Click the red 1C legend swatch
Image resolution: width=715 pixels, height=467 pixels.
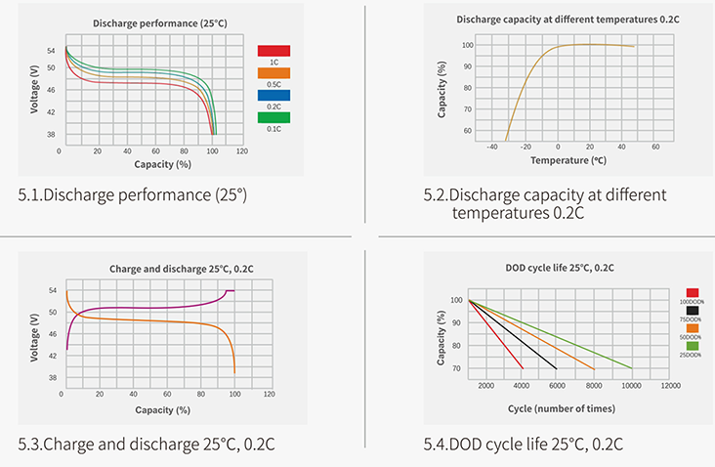(x=273, y=50)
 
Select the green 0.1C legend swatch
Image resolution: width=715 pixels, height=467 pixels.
(x=273, y=117)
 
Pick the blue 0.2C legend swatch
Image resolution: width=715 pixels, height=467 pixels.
(x=273, y=95)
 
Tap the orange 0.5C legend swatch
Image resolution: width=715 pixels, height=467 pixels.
(x=273, y=72)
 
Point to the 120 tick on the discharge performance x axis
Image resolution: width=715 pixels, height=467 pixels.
(x=241, y=151)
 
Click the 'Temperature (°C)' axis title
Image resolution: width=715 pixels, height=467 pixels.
(x=568, y=159)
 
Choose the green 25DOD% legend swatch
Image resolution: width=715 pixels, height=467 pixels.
(x=693, y=346)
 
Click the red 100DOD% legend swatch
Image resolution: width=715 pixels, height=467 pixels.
(x=693, y=291)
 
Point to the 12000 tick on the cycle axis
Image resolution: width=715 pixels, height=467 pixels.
(x=671, y=387)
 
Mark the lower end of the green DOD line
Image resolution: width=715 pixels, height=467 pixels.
(x=632, y=367)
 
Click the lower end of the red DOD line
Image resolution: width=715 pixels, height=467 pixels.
(x=524, y=367)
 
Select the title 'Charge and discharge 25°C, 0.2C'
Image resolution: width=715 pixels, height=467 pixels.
(x=162, y=268)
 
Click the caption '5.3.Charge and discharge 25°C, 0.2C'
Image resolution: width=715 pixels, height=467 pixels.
(x=147, y=444)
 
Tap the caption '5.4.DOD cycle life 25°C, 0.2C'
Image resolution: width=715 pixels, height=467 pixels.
(x=524, y=444)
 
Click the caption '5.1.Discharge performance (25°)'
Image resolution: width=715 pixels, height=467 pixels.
(x=133, y=195)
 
